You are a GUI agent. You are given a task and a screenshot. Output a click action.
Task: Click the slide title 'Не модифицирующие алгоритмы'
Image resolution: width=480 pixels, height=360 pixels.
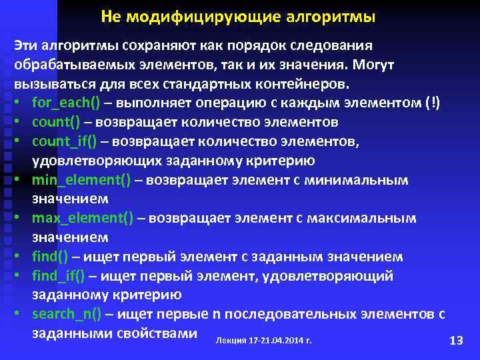point(238,15)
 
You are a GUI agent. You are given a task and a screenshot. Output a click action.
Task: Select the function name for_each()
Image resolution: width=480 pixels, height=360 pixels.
point(65,103)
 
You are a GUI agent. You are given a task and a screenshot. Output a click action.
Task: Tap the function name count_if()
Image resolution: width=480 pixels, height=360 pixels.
point(64,141)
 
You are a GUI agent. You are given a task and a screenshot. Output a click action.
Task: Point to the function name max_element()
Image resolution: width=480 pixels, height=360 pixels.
point(80,218)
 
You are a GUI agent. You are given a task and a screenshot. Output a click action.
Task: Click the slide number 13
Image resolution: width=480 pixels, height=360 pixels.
point(457,341)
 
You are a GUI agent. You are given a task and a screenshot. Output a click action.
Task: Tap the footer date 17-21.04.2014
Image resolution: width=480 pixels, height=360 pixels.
point(277,341)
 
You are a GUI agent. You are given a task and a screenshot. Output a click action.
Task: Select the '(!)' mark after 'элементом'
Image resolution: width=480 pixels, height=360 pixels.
point(431,103)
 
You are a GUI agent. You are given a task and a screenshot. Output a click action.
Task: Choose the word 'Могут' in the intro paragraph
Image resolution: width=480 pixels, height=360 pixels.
point(373,65)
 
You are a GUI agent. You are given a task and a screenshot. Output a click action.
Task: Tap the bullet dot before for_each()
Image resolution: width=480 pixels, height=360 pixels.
point(21,103)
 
